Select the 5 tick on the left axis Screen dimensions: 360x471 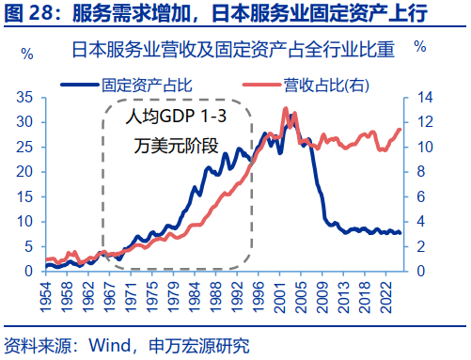(x=29, y=246)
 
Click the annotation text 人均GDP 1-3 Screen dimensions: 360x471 (x=178, y=119)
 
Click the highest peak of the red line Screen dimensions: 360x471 (x=285, y=109)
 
